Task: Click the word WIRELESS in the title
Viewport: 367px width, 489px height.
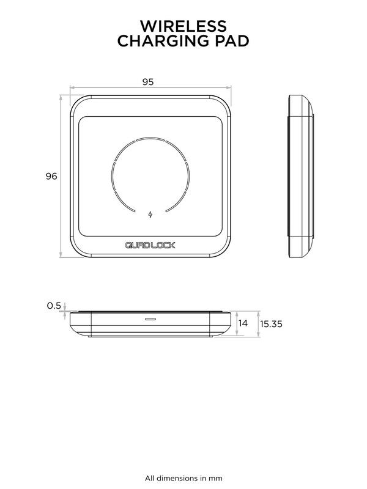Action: tap(183, 26)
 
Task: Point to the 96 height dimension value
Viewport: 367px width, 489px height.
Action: tap(51, 176)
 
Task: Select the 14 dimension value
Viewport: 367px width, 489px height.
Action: tap(243, 323)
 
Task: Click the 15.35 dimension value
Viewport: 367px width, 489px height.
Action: tap(270, 324)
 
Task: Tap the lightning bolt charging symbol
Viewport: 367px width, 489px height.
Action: tap(150, 214)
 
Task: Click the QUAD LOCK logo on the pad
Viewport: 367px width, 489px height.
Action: tap(150, 246)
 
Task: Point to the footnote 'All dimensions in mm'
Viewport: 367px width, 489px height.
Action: tap(183, 477)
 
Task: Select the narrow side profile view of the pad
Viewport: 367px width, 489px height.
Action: tap(301, 176)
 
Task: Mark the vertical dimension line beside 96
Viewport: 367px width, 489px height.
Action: tap(61, 176)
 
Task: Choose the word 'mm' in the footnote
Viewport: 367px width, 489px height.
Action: tap(216, 477)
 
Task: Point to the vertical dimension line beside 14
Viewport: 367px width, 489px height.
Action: tap(236, 324)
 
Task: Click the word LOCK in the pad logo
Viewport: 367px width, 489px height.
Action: tap(164, 246)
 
